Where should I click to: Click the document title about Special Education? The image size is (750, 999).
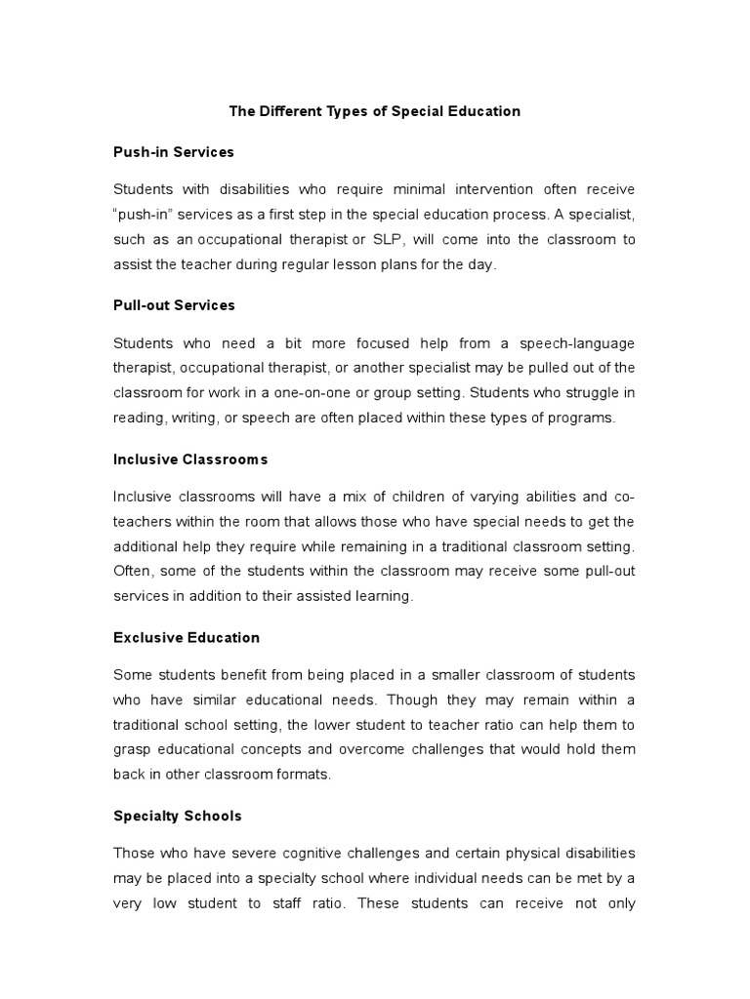(x=374, y=111)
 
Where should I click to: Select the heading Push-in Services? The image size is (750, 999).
(x=174, y=152)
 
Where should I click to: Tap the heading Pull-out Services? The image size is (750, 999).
(x=174, y=305)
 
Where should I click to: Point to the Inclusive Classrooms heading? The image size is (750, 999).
(x=190, y=459)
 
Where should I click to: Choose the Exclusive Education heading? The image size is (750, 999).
(x=187, y=637)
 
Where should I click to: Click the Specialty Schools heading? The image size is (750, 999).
(x=178, y=816)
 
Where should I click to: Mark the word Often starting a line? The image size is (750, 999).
(x=133, y=571)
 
